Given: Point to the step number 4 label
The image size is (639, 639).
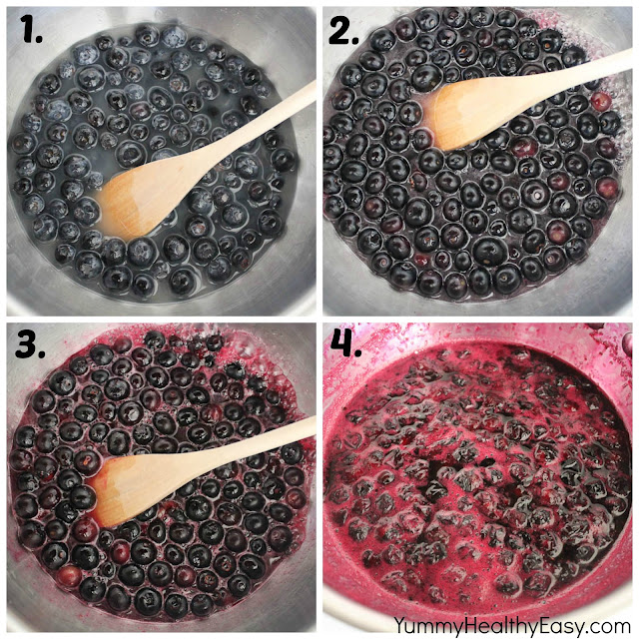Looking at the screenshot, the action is coord(346,343).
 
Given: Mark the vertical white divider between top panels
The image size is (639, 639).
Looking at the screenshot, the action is coord(319,161).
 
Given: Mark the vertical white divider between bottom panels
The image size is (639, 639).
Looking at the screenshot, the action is coord(319,477).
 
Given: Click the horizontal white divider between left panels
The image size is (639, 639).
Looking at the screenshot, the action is coord(162,319).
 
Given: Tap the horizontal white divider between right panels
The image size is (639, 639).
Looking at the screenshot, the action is coord(477,319).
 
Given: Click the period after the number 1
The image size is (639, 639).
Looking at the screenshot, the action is coord(39,40).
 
